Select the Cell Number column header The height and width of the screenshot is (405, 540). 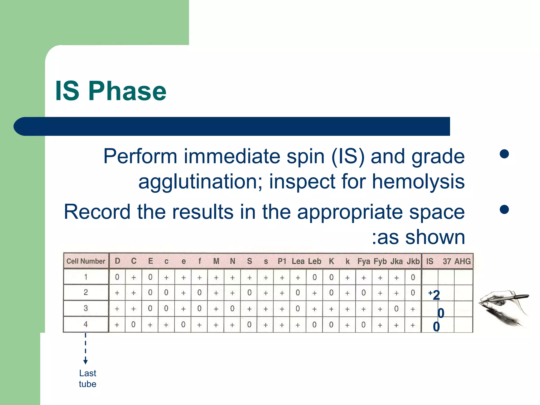click(x=86, y=261)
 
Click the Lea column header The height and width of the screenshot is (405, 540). click(x=298, y=261)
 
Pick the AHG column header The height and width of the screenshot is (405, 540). click(x=462, y=261)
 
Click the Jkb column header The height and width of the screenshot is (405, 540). click(x=413, y=261)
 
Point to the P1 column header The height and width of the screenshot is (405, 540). click(x=282, y=261)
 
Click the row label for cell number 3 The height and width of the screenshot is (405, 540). click(x=86, y=308)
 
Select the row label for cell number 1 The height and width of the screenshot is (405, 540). click(x=86, y=277)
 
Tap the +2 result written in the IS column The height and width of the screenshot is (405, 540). click(x=434, y=295)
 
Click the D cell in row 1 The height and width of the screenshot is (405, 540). click(x=117, y=277)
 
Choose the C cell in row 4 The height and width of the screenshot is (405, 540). click(x=133, y=325)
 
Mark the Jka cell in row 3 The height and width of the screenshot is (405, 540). click(x=396, y=309)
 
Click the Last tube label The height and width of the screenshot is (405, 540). click(x=88, y=378)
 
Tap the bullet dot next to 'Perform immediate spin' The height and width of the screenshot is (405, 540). click(x=504, y=154)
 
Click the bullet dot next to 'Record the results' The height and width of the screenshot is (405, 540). click(x=504, y=210)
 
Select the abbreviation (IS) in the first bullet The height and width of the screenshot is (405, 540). click(x=348, y=156)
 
